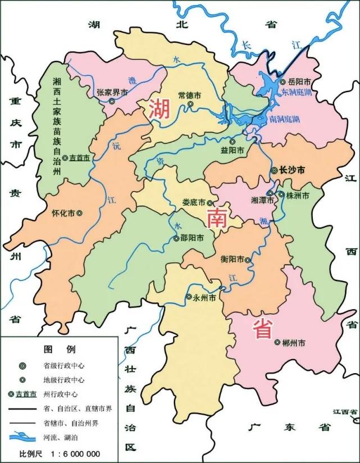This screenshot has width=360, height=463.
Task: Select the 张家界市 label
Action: click(112, 92)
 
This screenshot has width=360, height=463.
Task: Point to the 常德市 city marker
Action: click(190, 104)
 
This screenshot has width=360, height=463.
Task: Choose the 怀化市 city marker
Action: click(79, 214)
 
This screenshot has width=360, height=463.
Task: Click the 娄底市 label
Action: click(194, 203)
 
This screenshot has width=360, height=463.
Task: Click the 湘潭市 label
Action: click(261, 200)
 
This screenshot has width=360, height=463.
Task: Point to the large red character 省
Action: click(264, 328)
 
